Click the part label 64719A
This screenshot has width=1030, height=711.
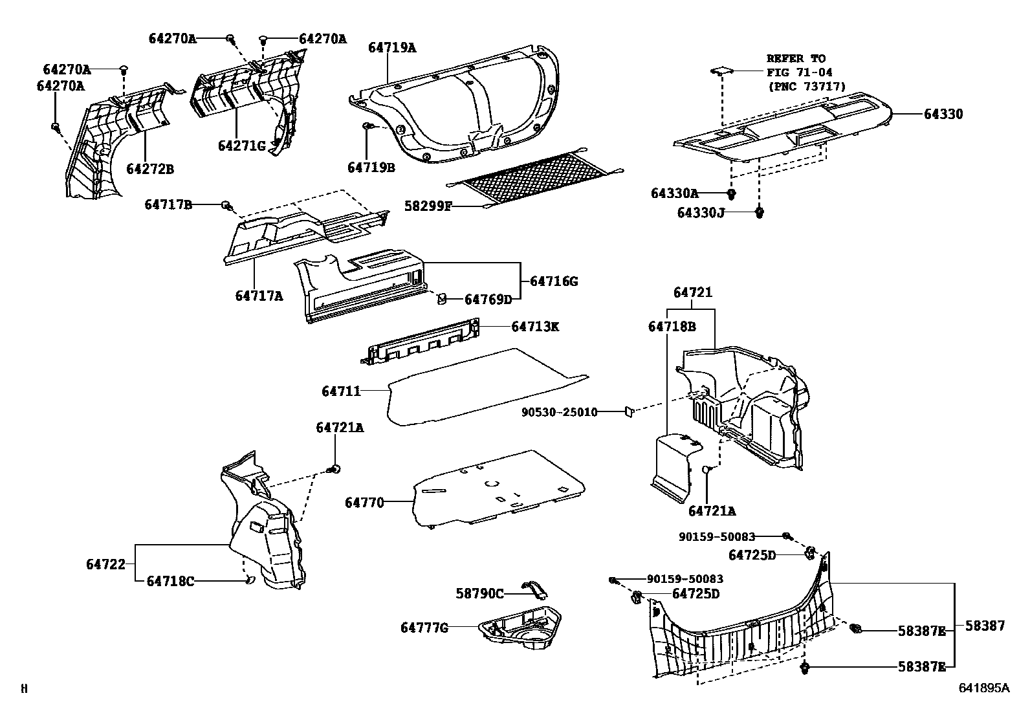click(x=392, y=47)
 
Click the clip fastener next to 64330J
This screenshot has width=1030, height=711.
click(x=760, y=211)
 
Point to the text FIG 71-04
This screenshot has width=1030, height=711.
click(x=800, y=72)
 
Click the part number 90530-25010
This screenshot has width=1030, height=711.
click(x=560, y=411)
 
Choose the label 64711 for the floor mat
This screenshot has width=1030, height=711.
click(x=341, y=391)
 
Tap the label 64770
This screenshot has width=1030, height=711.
click(x=364, y=502)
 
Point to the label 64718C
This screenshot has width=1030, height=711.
click(x=170, y=581)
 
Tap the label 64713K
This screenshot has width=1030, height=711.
click(x=534, y=327)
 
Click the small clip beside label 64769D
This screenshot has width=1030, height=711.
click(x=441, y=298)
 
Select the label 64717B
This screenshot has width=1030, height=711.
click(x=168, y=204)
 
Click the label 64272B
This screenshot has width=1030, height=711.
click(x=149, y=170)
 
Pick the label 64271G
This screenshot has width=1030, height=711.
click(x=241, y=146)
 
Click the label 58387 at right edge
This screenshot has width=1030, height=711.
click(x=985, y=626)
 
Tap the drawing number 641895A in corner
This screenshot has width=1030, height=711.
click(x=983, y=688)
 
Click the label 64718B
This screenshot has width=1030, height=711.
click(x=672, y=327)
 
